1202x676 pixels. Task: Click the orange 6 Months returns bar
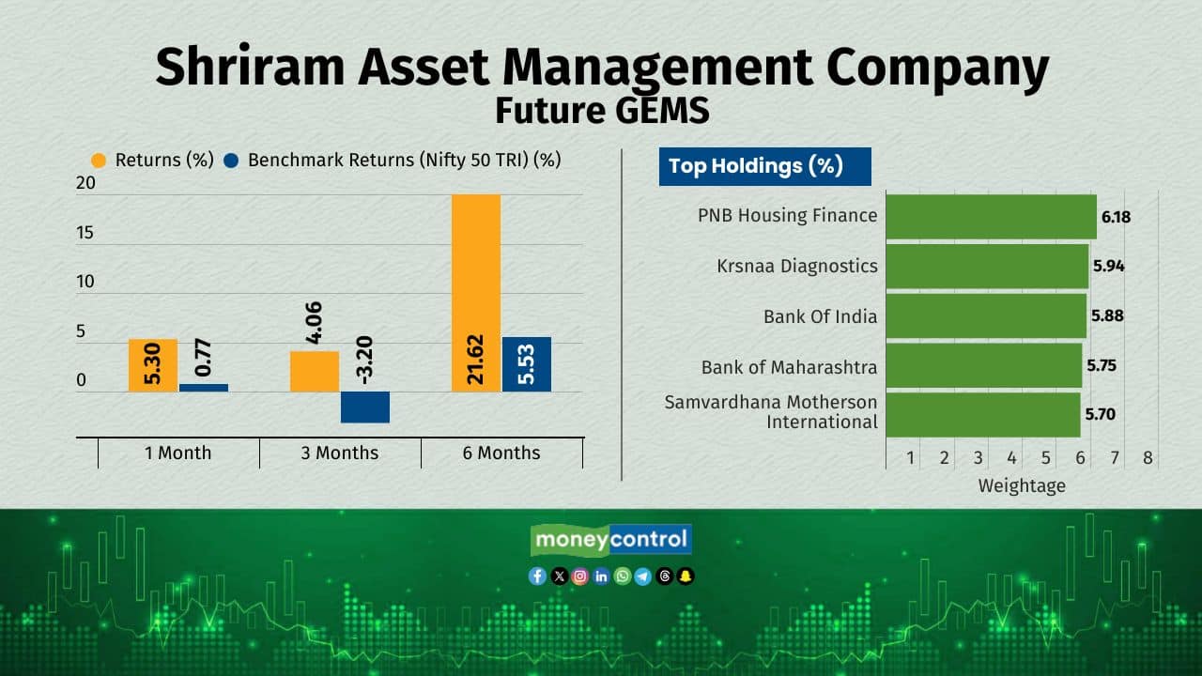click(x=476, y=293)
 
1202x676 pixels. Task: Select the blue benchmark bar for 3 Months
click(x=365, y=407)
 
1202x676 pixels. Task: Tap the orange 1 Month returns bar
click(x=153, y=365)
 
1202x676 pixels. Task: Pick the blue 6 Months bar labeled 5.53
click(x=527, y=364)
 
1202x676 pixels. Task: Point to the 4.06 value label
click(x=314, y=322)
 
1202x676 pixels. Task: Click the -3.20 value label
click(x=364, y=360)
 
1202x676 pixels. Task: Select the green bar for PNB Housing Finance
click(x=991, y=217)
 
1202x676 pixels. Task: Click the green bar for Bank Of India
click(x=986, y=316)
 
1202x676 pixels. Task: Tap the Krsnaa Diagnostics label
click(x=797, y=266)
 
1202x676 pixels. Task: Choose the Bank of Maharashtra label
click(x=789, y=367)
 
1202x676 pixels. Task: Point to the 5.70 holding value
click(x=1100, y=414)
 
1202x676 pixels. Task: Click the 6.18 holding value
click(x=1117, y=217)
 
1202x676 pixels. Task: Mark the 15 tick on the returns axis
click(x=85, y=232)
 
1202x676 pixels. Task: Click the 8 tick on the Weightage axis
click(x=1148, y=457)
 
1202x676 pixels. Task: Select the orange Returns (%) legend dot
click(x=99, y=161)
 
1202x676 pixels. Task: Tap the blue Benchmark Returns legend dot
click(x=231, y=161)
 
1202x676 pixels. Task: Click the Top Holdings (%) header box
click(x=764, y=167)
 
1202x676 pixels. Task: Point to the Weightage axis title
click(x=1022, y=486)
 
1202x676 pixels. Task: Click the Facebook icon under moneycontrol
click(x=537, y=576)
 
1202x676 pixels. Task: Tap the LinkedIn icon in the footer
click(x=601, y=576)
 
